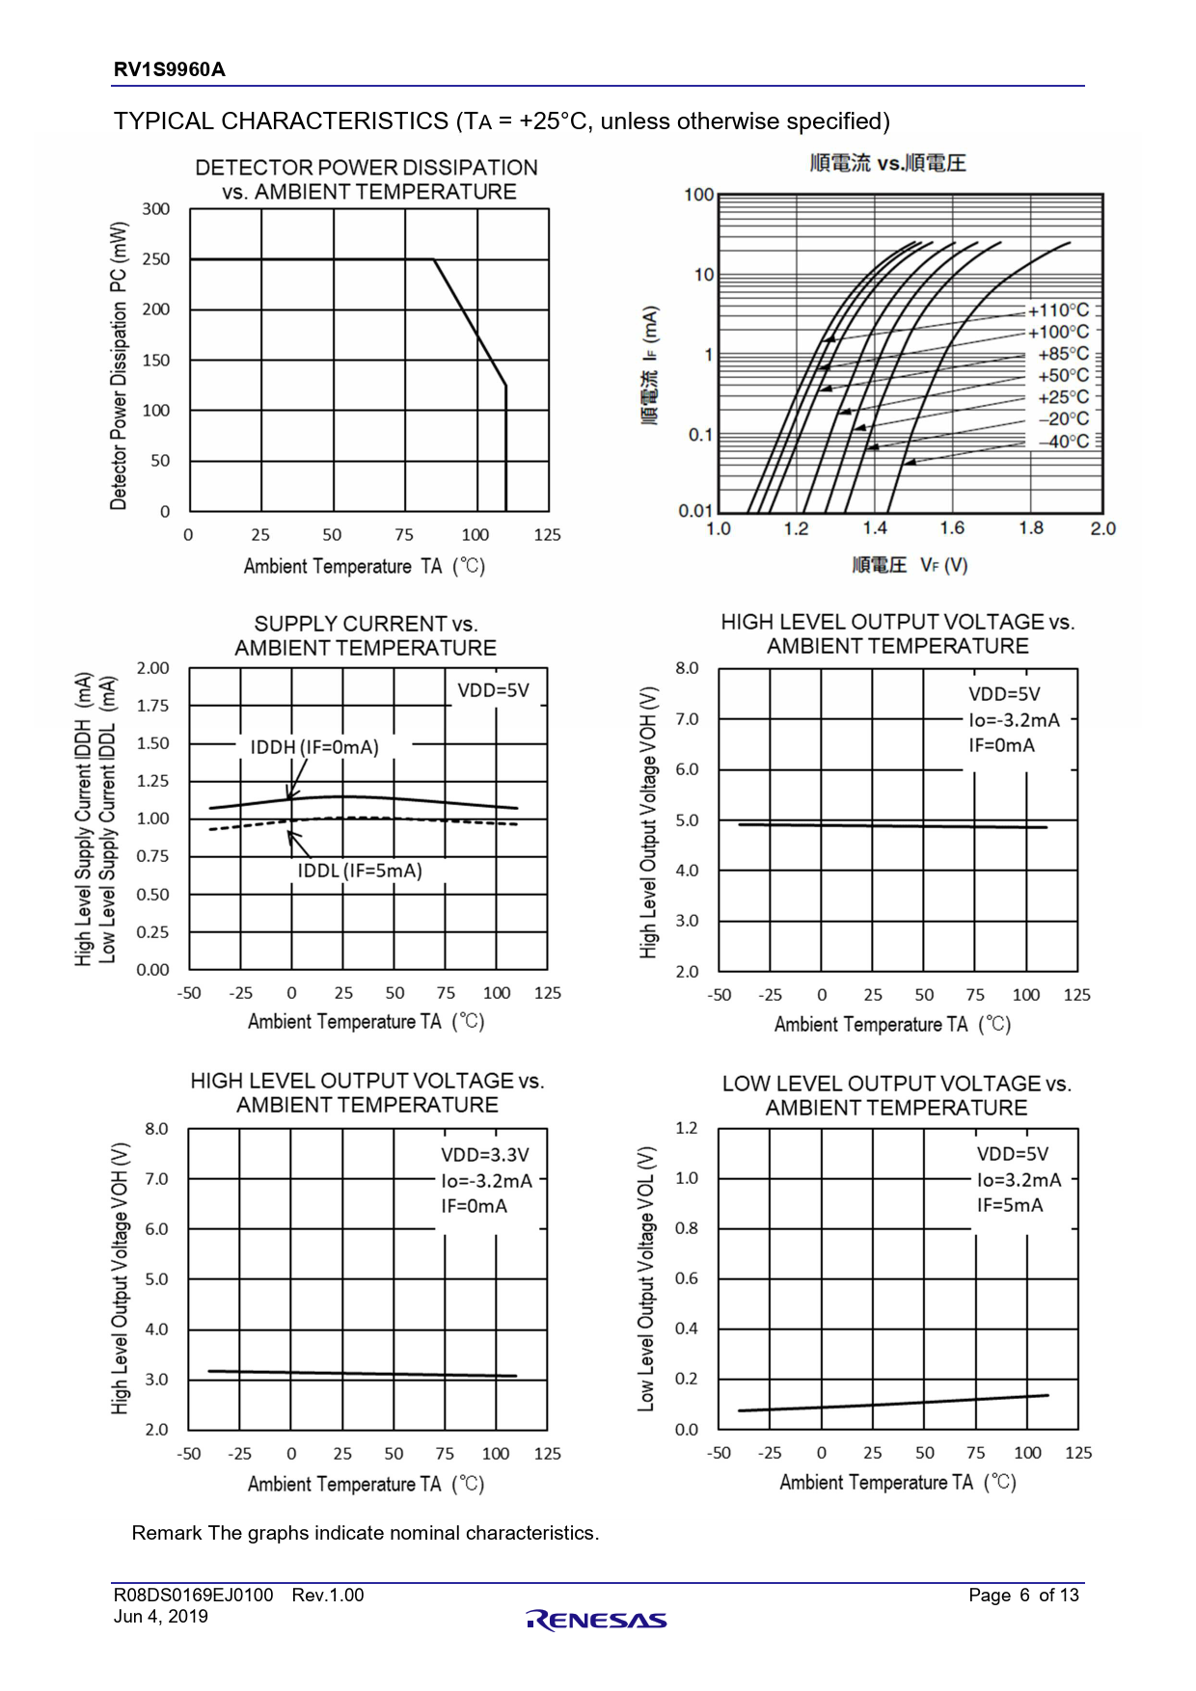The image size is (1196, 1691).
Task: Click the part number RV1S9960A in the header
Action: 170,69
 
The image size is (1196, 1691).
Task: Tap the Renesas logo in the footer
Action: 596,1620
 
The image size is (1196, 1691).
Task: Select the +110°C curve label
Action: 1058,310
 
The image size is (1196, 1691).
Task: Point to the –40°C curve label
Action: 1063,442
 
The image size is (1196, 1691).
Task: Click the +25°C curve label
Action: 1063,397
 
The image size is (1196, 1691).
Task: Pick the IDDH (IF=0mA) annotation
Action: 314,747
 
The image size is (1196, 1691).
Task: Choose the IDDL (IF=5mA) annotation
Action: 360,871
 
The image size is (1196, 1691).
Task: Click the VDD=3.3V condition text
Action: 485,1155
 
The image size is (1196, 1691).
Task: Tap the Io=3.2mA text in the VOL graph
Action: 1019,1180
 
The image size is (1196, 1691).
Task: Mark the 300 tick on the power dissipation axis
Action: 156,209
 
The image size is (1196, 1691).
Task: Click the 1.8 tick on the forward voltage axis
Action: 1031,528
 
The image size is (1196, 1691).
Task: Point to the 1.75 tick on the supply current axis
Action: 152,706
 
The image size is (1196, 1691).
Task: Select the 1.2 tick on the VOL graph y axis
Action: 686,1128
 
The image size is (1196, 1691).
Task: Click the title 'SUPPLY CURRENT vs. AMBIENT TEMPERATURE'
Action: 366,635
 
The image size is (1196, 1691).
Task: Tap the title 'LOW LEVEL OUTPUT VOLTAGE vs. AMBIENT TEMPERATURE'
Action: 896,1095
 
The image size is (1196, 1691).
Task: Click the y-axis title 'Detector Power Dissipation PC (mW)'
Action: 119,365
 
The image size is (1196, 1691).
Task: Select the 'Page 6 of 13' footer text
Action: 1023,1596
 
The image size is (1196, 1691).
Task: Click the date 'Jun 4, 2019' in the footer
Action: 161,1617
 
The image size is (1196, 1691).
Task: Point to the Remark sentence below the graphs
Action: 366,1533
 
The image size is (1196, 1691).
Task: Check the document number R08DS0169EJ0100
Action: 193,1596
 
